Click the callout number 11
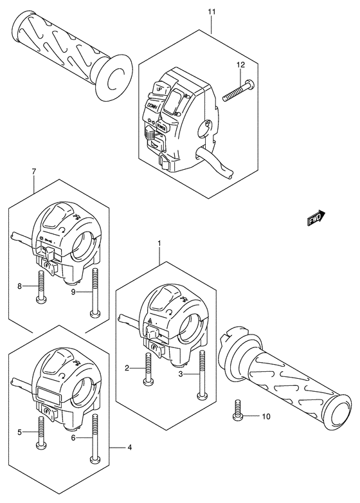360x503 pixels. pos(212,12)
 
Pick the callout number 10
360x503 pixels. pos(265,417)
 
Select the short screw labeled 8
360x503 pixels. pos(42,287)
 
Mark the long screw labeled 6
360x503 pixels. pos(95,437)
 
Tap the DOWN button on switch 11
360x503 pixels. pos(152,105)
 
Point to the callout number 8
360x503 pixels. pos(20,286)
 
